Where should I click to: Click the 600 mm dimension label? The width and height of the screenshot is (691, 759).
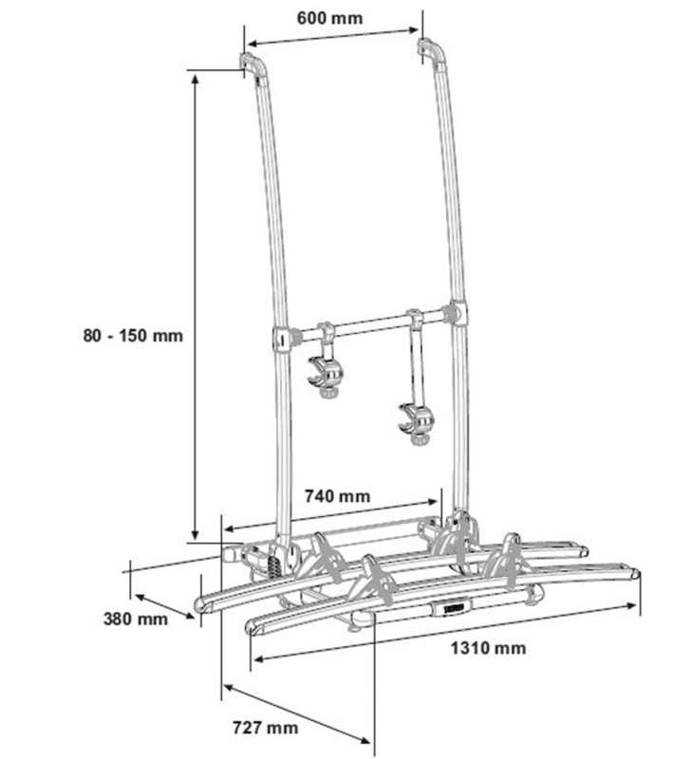(327, 18)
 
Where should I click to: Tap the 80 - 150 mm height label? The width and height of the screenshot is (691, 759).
(133, 334)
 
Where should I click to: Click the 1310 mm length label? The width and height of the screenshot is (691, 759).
(490, 648)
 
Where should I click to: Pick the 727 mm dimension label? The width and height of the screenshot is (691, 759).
(265, 728)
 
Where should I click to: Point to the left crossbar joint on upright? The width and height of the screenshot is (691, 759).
(282, 337)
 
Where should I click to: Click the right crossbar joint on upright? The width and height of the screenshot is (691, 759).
(458, 313)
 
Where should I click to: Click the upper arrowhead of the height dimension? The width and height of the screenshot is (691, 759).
(196, 76)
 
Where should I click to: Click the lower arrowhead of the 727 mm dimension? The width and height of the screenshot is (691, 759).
(371, 745)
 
